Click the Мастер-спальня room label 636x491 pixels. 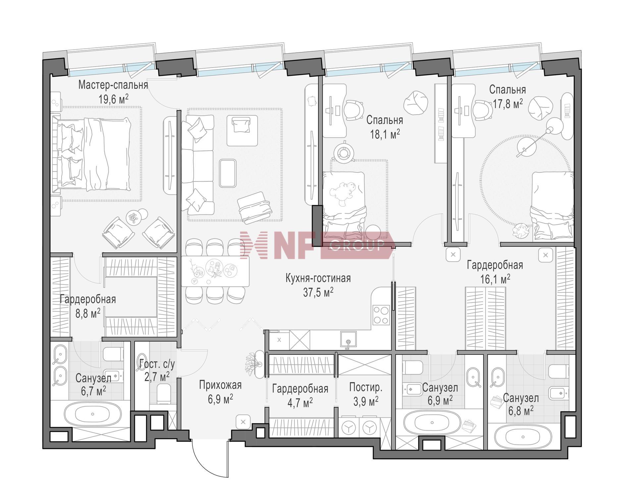coord(113,85)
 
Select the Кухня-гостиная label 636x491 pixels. coord(318,278)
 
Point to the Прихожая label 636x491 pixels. coord(220,385)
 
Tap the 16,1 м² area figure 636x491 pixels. coord(495,279)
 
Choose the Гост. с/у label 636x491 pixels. coord(157,364)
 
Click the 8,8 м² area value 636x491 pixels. coord(88,313)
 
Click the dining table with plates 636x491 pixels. coord(215,271)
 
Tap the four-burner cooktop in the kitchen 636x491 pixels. coord(381,315)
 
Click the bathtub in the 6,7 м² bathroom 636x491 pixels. coord(92,414)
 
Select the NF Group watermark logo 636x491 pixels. coord(316,245)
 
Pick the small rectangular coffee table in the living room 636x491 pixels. coord(228,173)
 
